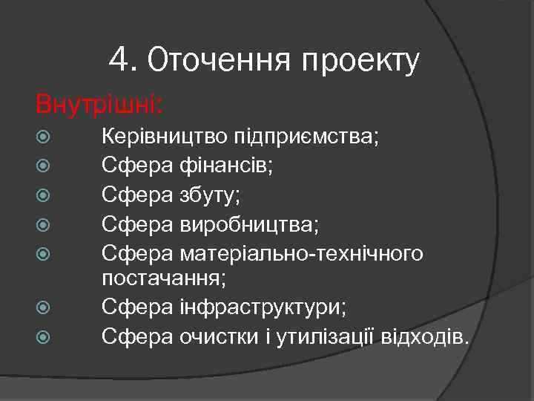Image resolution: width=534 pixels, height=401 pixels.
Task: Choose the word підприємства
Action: coord(314,138)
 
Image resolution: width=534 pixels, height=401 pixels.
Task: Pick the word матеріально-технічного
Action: coord(301,253)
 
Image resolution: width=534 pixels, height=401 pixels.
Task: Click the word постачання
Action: coord(164,278)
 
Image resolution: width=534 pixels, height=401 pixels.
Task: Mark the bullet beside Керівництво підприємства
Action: coord(43,138)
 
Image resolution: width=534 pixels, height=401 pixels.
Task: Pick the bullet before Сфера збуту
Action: coord(43,196)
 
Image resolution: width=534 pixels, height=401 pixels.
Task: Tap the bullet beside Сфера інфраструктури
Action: coord(43,307)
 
